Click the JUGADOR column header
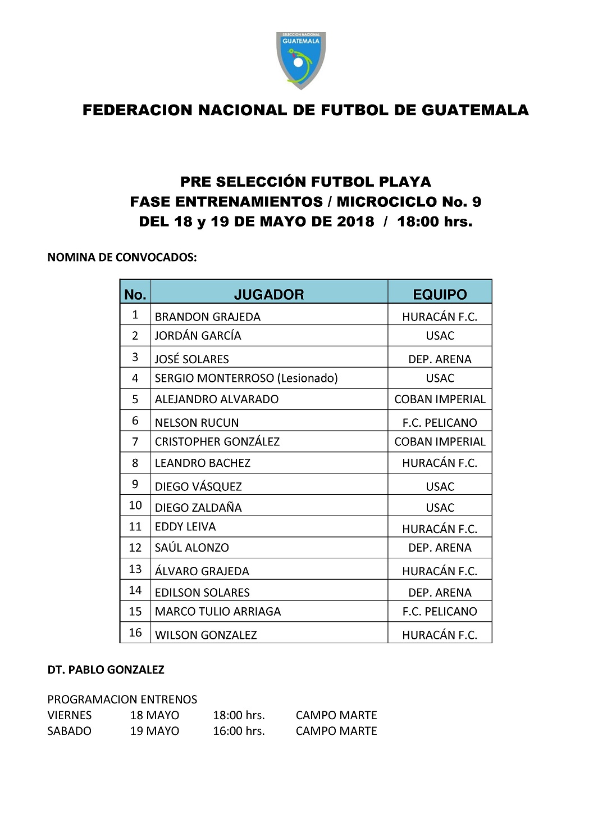268,294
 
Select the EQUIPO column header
440,294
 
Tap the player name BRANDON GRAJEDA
207,317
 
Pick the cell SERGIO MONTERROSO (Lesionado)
246,378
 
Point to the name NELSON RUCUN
197,422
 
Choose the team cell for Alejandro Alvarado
440,399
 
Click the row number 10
135,505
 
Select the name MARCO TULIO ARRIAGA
217,611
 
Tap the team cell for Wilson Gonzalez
440,635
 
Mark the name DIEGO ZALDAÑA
198,507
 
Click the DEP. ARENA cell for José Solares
440,359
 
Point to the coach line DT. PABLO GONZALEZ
106,670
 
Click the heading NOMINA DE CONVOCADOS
122,258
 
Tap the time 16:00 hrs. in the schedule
239,731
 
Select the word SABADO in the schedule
69,731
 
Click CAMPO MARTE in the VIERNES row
336,715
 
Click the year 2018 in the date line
355,221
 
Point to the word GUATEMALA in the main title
475,110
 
